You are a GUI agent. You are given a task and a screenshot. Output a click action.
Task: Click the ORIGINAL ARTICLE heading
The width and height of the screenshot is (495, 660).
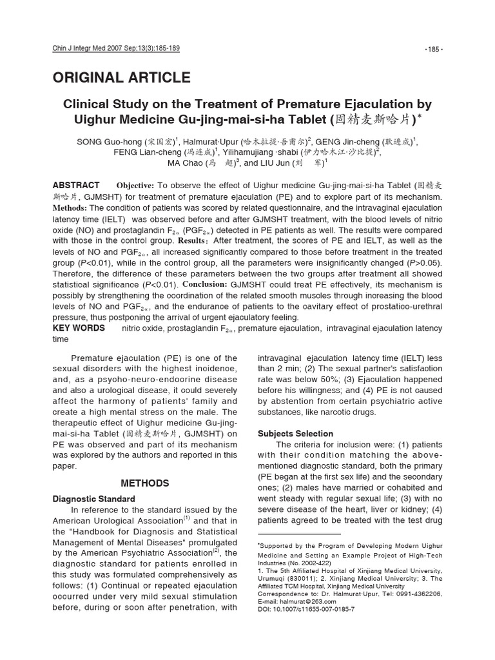121,78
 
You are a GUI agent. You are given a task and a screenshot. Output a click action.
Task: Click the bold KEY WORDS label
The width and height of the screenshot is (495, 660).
79,328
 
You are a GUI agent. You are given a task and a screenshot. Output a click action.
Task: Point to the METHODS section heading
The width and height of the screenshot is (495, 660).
145,483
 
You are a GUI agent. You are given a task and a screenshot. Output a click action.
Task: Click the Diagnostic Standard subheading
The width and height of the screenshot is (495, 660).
93,499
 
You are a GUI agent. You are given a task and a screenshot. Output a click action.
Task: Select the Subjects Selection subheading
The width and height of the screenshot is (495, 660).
295,434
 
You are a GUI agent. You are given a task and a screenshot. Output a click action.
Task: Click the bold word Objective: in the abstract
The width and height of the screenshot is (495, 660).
135,185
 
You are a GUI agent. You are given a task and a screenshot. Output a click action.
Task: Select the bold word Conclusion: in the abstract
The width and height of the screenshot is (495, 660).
207,284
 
